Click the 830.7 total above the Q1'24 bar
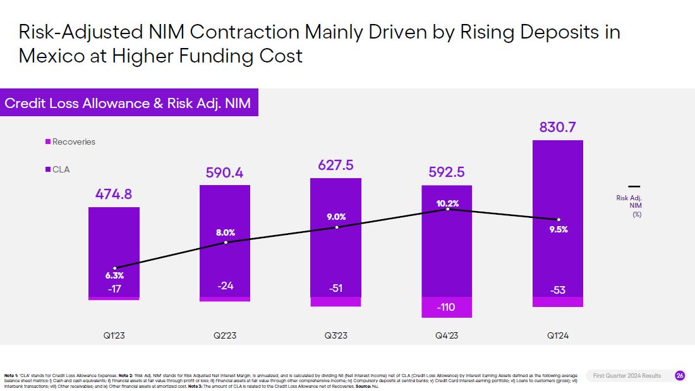(x=558, y=128)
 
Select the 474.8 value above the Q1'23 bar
(x=114, y=195)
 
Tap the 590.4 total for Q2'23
(x=226, y=172)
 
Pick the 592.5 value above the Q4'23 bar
(x=447, y=172)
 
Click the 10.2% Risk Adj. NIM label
(x=447, y=203)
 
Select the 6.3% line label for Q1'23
(x=114, y=276)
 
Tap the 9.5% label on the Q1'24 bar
(x=559, y=229)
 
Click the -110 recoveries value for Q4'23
(x=447, y=308)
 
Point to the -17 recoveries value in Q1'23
(x=114, y=289)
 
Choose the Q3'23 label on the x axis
(x=335, y=335)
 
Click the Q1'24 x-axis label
(x=558, y=335)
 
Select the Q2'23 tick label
(x=225, y=335)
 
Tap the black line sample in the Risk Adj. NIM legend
(x=634, y=186)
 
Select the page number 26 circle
(x=680, y=376)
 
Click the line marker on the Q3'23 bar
(x=336, y=227)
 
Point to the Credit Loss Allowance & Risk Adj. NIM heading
(x=128, y=103)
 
